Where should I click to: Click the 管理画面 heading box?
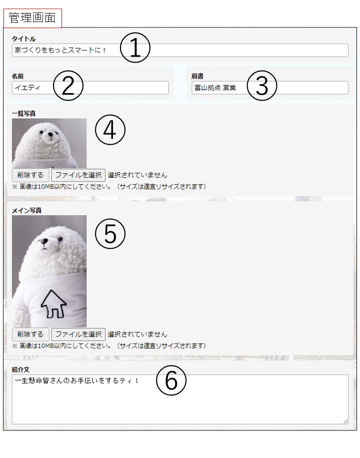pyautogui.click(x=32, y=18)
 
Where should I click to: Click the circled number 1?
pyautogui.click(x=135, y=48)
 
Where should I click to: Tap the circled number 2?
pyautogui.click(x=68, y=86)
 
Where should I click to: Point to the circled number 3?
pyautogui.click(x=262, y=86)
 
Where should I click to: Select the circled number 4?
pyautogui.click(x=110, y=130)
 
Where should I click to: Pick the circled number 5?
pyautogui.click(x=110, y=234)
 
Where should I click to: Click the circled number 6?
pyautogui.click(x=171, y=380)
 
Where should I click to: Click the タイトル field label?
pyautogui.click(x=23, y=39)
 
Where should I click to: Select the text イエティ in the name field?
pyautogui.click(x=27, y=88)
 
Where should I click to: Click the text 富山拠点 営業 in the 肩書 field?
pyautogui.click(x=215, y=88)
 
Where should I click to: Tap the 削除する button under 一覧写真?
pyautogui.click(x=30, y=175)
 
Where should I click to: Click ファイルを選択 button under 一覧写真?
pyautogui.click(x=78, y=175)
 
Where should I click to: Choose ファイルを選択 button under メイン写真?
pyautogui.click(x=78, y=334)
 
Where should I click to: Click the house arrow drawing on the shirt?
pyautogui.click(x=53, y=304)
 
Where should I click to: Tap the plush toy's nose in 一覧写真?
pyautogui.click(x=51, y=135)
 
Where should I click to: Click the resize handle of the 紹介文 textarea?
pyautogui.click(x=345, y=421)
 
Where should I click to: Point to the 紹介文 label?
pyautogui.click(x=20, y=369)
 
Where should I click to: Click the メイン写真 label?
pyautogui.click(x=26, y=210)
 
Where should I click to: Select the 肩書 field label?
pyautogui.click(x=197, y=76)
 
